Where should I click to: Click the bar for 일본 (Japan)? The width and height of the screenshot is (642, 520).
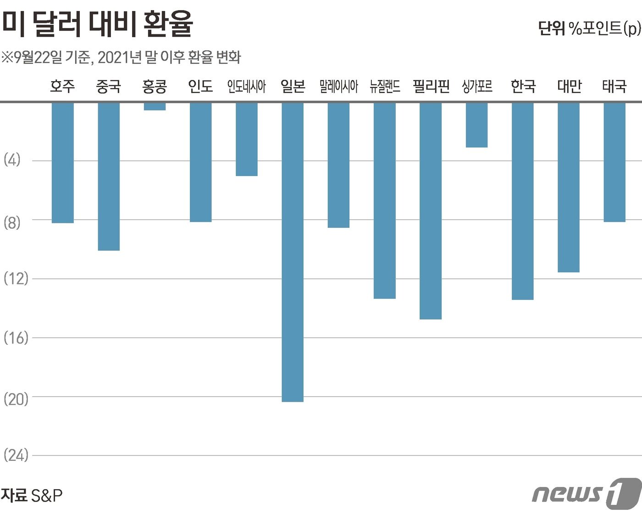[293, 252]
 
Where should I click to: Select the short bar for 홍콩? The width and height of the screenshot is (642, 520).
[155, 106]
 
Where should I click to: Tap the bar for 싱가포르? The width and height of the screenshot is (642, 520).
[476, 125]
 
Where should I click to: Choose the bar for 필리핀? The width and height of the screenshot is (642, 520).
[431, 210]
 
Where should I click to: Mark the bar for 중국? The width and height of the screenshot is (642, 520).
[109, 176]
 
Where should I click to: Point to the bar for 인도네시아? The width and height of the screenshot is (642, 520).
[247, 139]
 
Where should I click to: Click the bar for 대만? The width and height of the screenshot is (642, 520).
[569, 187]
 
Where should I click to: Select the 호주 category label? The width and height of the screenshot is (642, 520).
[62, 86]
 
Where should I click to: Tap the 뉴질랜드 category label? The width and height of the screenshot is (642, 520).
[385, 86]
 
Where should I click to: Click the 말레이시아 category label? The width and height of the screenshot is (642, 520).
[338, 86]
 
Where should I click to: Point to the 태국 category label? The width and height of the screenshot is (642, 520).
[614, 86]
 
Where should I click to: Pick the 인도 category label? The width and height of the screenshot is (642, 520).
[200, 86]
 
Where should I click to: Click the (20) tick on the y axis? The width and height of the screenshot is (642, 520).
[16, 399]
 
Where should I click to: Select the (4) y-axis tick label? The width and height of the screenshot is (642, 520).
[12, 160]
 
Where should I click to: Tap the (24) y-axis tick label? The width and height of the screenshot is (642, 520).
[16, 455]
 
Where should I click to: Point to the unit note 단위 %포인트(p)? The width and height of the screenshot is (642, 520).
[589, 28]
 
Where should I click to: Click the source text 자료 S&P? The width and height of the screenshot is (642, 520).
[32, 495]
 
